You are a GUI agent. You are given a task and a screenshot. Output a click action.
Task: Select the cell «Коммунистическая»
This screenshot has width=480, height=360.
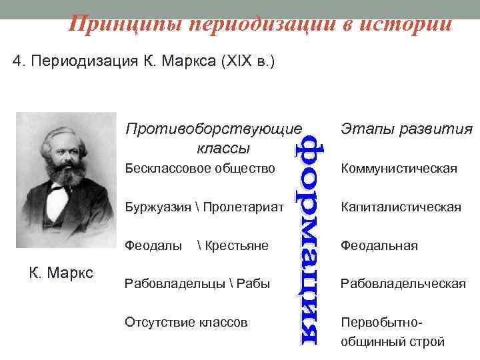coord(399,169)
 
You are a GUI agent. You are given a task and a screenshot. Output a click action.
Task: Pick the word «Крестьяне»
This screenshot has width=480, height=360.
coord(236,246)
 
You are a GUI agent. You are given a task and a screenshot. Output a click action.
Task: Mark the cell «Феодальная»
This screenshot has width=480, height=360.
coord(379,246)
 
